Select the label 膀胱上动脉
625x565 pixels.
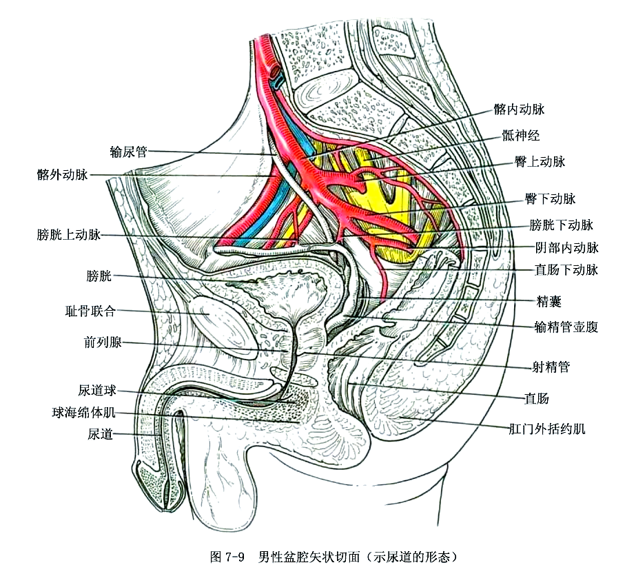coord(69,235)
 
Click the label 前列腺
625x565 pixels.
coord(103,342)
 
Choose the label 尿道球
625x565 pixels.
coord(95,391)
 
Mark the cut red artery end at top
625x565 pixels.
coord(276,71)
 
